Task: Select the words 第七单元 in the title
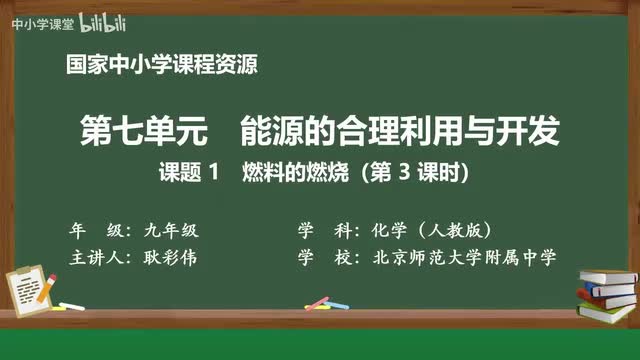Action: click(152, 130)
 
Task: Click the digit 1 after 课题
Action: click(212, 172)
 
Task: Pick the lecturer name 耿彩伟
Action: click(172, 256)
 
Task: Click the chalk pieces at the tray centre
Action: click(318, 302)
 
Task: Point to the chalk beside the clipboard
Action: click(72, 305)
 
